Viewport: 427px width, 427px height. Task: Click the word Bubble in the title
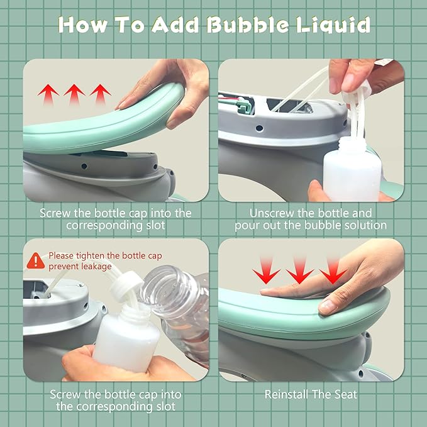click(x=248, y=25)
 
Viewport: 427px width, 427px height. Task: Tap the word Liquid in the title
click(x=333, y=25)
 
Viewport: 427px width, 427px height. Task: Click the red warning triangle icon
click(x=36, y=261)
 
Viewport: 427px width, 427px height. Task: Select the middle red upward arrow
click(x=74, y=94)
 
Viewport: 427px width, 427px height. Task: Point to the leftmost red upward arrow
click(x=48, y=94)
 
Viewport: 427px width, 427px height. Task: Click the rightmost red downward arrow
click(x=333, y=270)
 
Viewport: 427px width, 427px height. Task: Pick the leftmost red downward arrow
click(x=267, y=270)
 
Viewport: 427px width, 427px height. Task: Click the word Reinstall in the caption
click(x=286, y=394)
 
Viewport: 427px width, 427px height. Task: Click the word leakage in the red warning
click(x=96, y=267)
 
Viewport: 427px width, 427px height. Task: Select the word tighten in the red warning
click(x=90, y=256)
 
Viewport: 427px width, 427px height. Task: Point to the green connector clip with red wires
click(x=242, y=106)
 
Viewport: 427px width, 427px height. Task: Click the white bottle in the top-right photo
click(x=352, y=169)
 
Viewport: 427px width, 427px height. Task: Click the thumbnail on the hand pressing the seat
click(x=328, y=307)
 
